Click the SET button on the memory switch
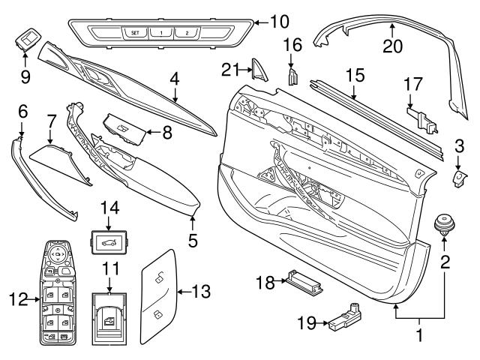[x=135, y=33]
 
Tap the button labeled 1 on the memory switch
[x=161, y=33]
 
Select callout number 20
[x=392, y=46]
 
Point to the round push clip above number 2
[x=445, y=223]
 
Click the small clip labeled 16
[x=294, y=76]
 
